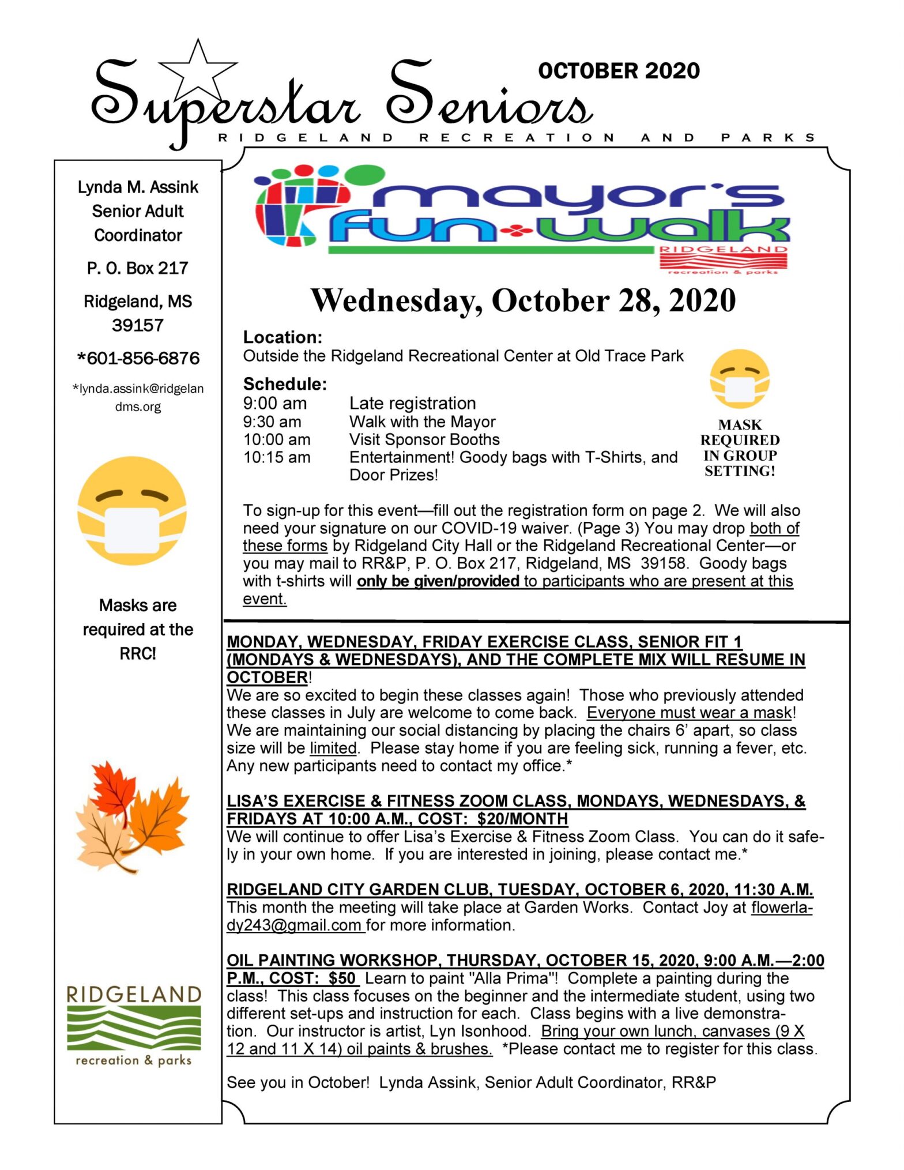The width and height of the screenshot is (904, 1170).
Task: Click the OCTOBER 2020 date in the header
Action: [x=619, y=71]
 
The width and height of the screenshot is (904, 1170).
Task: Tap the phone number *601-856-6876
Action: [x=138, y=358]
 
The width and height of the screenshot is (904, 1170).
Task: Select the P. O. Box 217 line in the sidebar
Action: [x=138, y=268]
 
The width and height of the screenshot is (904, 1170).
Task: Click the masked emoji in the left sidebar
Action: [x=132, y=510]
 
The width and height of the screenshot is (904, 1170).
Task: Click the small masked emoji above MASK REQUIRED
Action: [x=740, y=379]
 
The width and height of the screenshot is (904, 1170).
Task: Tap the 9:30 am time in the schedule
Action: [x=272, y=422]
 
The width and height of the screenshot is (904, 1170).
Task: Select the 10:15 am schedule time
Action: [x=277, y=457]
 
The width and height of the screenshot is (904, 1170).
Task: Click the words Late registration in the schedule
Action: [x=412, y=403]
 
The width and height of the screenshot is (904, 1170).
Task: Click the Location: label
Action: [x=282, y=337]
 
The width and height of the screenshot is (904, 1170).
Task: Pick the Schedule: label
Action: [x=285, y=383]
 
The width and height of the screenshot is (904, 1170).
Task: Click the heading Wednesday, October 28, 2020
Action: [x=523, y=300]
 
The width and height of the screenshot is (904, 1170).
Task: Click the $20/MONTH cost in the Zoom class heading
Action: [x=522, y=818]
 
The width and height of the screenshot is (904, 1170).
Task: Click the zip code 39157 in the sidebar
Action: [x=138, y=325]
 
